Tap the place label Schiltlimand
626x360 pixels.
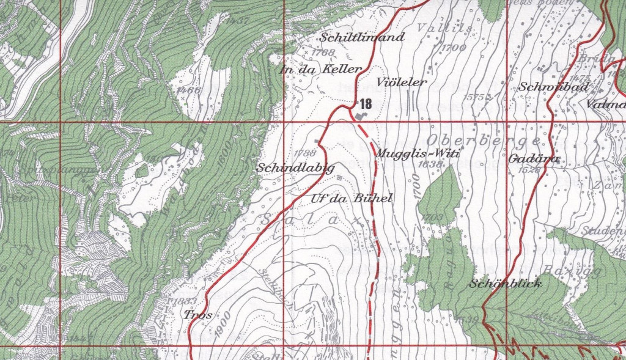pos(362,37)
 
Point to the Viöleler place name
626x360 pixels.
pos(402,82)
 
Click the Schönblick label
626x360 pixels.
pos(506,284)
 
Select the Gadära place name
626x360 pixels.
pos(525,158)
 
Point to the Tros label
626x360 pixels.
pos(197,315)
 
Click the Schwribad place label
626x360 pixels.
pos(553,87)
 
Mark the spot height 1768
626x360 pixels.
pos(323,53)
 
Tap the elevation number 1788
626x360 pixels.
pos(304,153)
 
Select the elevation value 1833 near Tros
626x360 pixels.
pos(182,301)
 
